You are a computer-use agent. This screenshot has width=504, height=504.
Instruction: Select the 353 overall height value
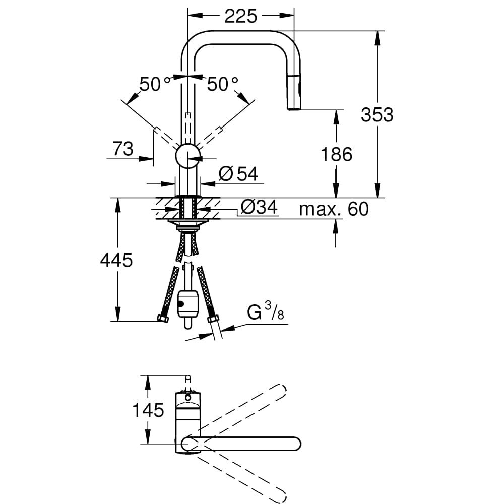376,115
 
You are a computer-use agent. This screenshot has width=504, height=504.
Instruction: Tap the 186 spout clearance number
337,154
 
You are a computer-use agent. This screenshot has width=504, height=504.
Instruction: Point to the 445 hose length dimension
116,260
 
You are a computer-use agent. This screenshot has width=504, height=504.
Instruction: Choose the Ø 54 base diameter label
239,174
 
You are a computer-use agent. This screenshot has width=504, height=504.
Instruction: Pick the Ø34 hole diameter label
259,207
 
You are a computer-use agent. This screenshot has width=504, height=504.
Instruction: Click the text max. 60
334,208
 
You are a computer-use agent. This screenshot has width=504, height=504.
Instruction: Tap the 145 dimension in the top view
148,410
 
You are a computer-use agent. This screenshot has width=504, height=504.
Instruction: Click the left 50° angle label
151,84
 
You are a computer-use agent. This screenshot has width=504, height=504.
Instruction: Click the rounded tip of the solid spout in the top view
295,444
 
